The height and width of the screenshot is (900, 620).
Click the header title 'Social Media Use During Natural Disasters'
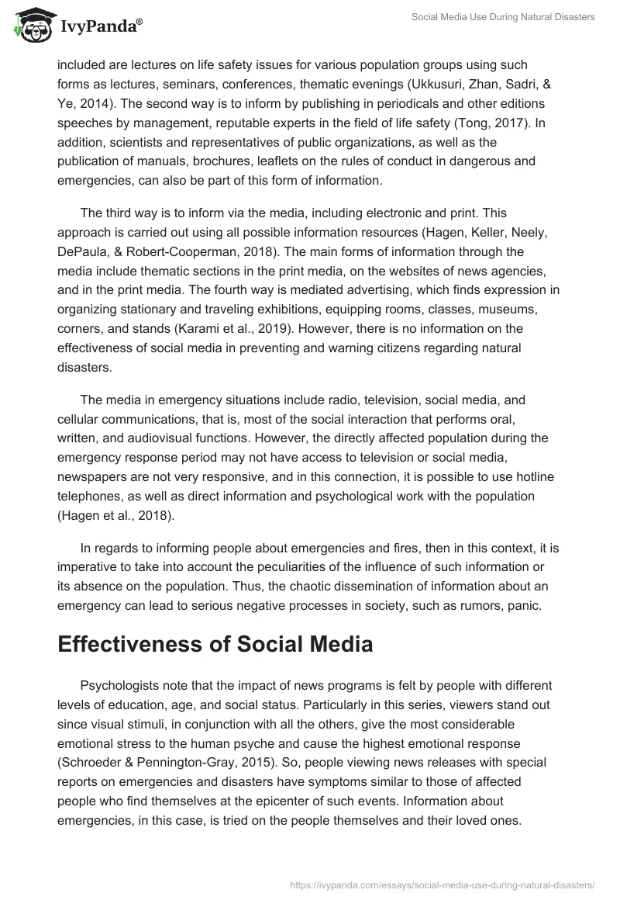pos(502,17)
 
